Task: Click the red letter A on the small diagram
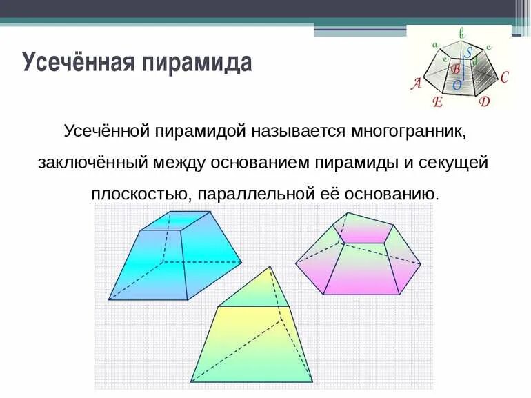click(x=416, y=84)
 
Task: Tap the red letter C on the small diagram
click(x=504, y=77)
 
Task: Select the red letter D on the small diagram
click(x=484, y=102)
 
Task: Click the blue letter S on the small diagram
click(x=468, y=53)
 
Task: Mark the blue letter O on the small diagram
click(x=457, y=85)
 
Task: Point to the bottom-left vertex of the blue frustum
click(x=109, y=300)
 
